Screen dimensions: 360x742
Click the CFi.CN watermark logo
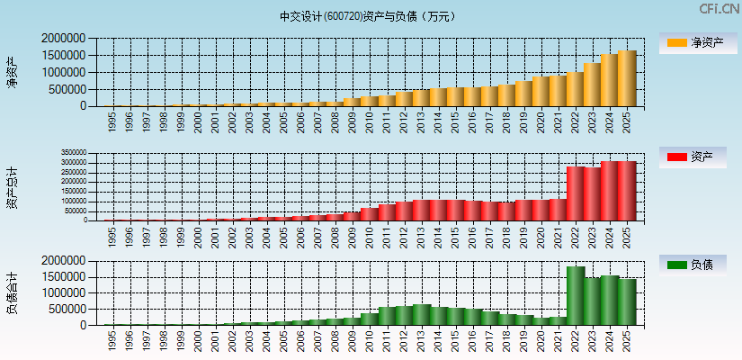720,9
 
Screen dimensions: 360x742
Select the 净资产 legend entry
697,43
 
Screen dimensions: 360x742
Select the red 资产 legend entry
697,157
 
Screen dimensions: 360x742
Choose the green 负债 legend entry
697,265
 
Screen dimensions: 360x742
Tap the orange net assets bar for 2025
627,79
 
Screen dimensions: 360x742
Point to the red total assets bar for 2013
421,210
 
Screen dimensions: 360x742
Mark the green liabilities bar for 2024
610,301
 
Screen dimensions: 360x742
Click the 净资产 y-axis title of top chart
12,72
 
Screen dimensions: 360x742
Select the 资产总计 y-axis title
12,186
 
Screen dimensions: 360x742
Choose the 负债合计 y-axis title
12,292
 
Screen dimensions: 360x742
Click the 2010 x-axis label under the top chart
370,122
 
